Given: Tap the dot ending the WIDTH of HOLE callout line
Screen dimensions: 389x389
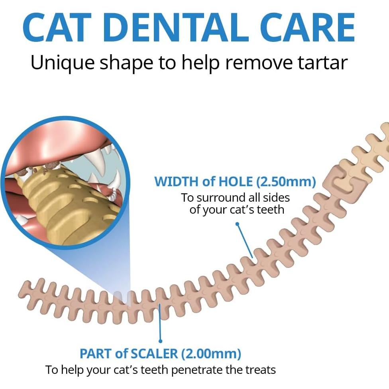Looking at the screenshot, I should [237, 224].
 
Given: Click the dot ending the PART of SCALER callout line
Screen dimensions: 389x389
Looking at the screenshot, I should [161, 341].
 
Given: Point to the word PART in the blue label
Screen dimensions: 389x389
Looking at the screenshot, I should [96, 353].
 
